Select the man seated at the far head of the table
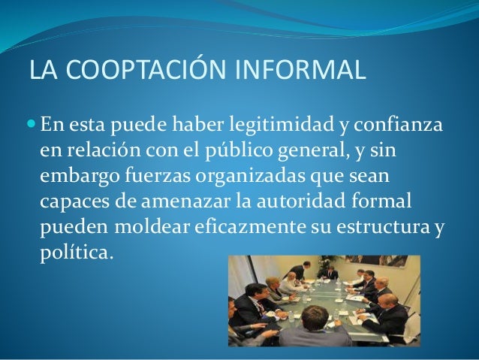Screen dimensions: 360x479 (329, 274)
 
